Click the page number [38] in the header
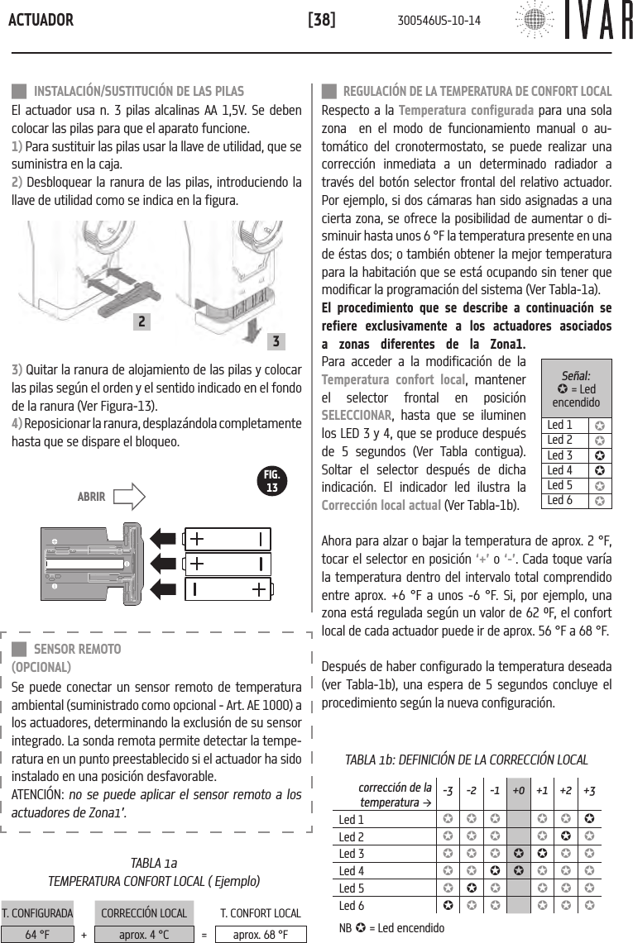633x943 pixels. [x=321, y=19]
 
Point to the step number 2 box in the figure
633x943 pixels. [x=143, y=321]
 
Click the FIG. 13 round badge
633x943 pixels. [x=271, y=481]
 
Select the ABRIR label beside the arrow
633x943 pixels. [x=91, y=497]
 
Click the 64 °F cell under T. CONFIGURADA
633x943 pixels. [x=36, y=934]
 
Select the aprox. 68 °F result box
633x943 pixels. [x=261, y=934]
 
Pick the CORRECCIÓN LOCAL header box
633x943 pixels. [x=143, y=912]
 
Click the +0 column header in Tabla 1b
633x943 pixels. [x=518, y=790]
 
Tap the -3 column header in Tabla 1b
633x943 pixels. [x=448, y=790]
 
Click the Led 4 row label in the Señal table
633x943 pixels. [x=560, y=470]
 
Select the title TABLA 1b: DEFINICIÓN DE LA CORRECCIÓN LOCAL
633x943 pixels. [x=466, y=760]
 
